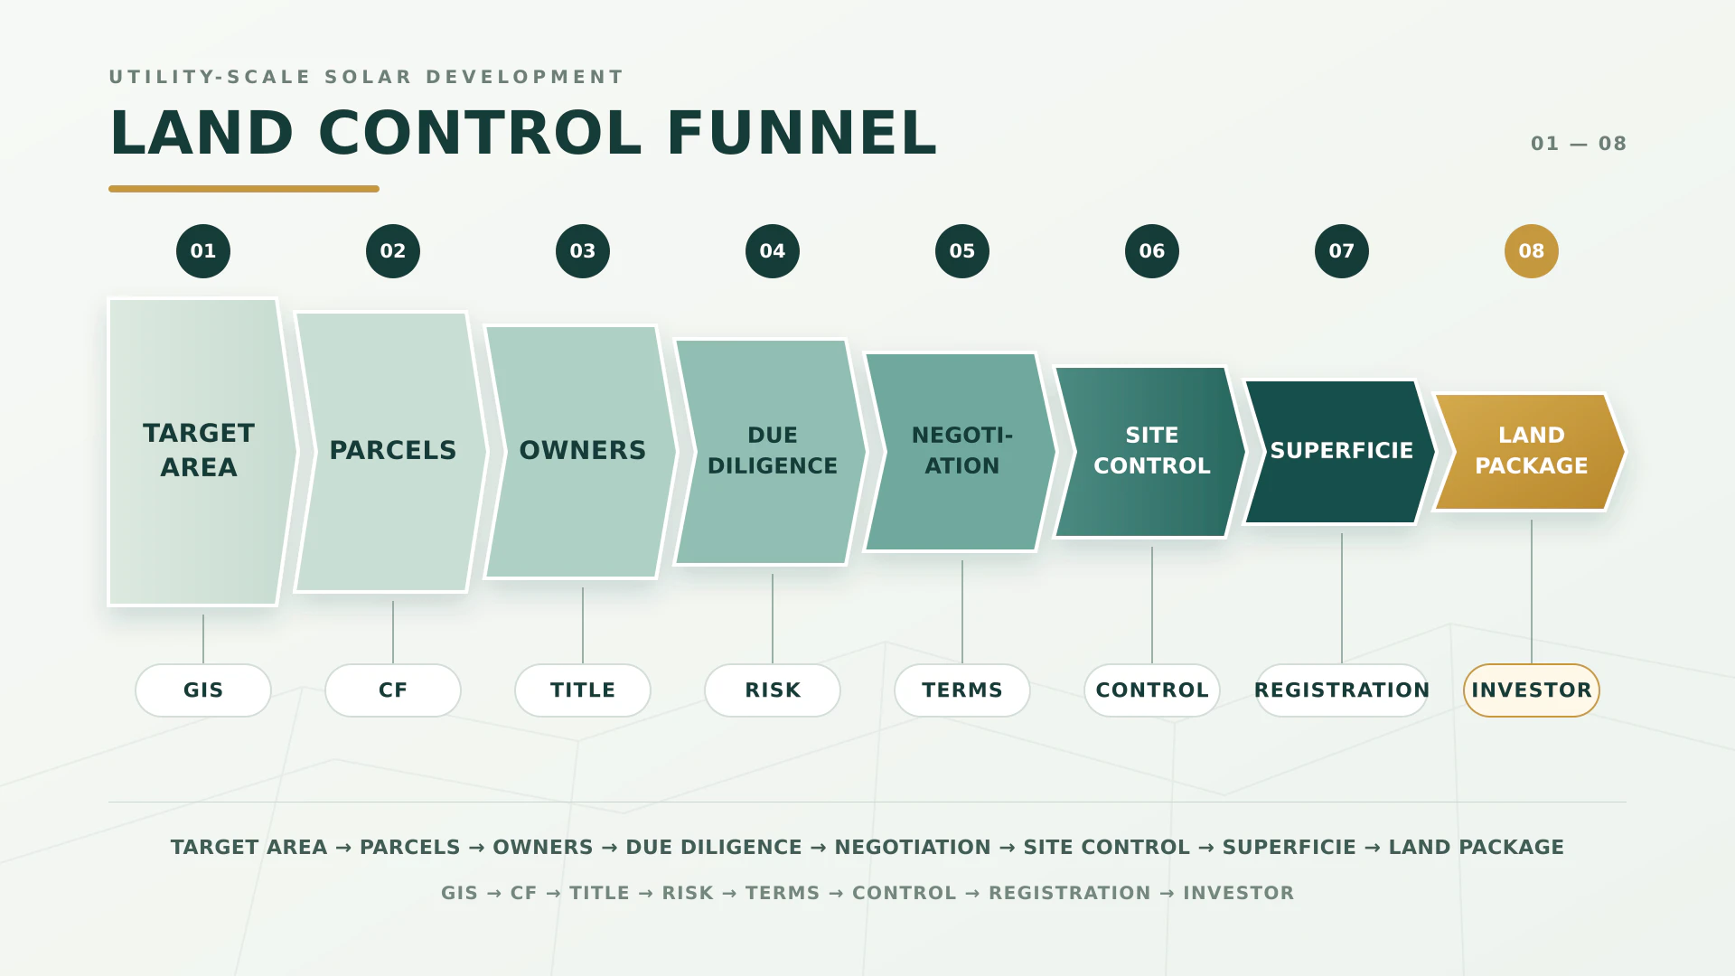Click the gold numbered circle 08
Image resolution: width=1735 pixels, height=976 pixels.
[1531, 251]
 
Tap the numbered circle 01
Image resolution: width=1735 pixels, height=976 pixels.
[203, 251]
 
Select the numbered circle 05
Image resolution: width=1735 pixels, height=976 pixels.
[962, 251]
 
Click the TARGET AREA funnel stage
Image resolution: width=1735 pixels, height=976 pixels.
[199, 452]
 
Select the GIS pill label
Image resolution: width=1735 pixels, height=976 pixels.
[203, 690]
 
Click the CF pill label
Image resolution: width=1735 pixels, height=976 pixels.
[393, 690]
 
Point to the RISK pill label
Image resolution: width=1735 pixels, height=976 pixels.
[773, 690]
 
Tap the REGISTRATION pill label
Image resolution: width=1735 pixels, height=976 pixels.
[1342, 690]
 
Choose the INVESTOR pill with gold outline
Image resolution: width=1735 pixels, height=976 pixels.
[1532, 690]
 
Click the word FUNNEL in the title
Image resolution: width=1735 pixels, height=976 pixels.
[802, 133]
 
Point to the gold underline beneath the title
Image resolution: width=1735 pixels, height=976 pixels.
[244, 189]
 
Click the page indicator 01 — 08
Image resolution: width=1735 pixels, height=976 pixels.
[1579, 144]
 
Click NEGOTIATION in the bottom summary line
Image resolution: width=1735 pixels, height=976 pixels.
[913, 848]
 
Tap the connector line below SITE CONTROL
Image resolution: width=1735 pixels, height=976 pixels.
[1152, 605]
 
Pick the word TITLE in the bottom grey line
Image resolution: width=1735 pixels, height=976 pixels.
[599, 893]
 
